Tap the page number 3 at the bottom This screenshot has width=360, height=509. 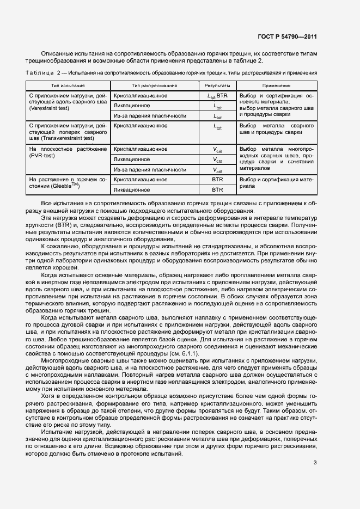coord(315,463)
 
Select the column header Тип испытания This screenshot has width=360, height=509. coord(68,85)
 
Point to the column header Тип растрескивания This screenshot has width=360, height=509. coord(154,85)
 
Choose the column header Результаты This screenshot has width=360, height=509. coord(217,85)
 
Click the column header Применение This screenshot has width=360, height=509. coord(276,85)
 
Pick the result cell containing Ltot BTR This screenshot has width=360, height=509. coord(217,96)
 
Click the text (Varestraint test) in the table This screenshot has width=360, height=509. coord(51,108)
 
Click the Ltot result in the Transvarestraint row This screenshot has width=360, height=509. coord(217,126)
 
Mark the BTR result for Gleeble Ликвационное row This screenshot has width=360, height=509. coord(217,190)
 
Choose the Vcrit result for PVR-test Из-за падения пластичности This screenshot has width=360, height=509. coord(217,170)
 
